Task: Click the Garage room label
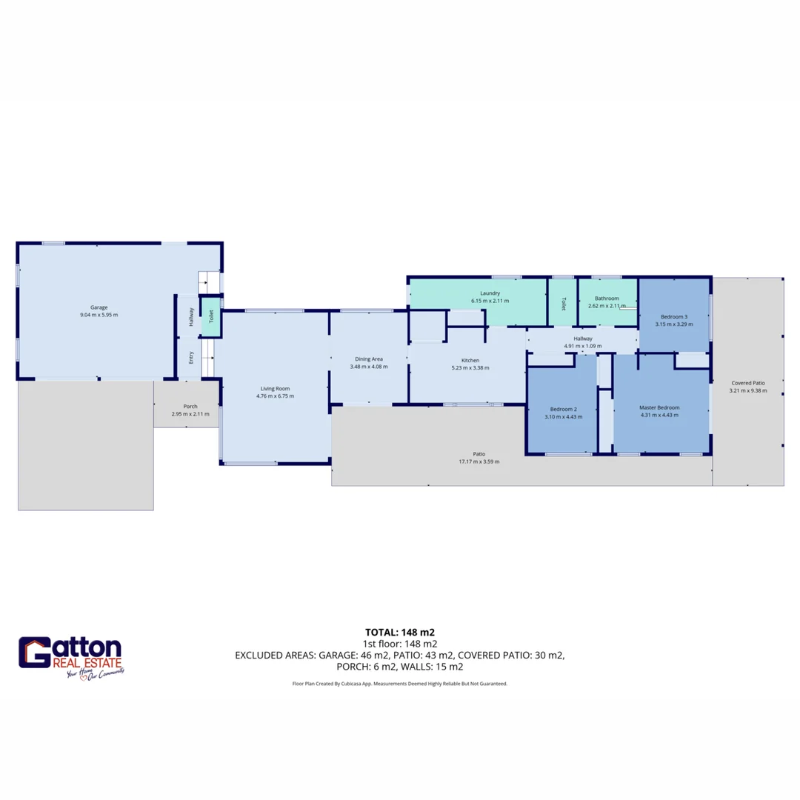point(99,307)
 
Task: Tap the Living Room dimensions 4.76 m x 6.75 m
point(275,396)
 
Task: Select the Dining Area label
point(369,359)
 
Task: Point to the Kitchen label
point(470,360)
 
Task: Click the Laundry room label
point(490,293)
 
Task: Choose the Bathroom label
point(607,298)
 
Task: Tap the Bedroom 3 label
point(674,316)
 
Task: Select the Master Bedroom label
point(659,407)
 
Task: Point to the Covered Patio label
point(747,383)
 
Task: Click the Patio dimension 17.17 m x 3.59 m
point(479,462)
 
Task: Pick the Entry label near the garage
point(191,357)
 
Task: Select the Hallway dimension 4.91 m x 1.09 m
point(583,346)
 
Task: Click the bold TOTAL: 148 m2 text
point(400,632)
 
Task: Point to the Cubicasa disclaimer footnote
point(400,684)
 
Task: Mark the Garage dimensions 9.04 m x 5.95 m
point(99,315)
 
